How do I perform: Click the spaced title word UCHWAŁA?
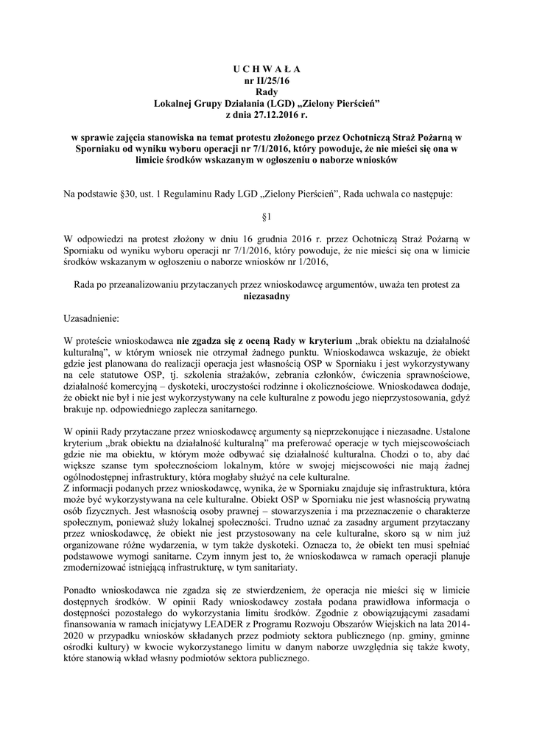click(267, 68)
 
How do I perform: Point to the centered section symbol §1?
click(267, 218)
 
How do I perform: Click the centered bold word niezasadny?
click(267, 297)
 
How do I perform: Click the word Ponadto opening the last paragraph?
click(83, 591)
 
